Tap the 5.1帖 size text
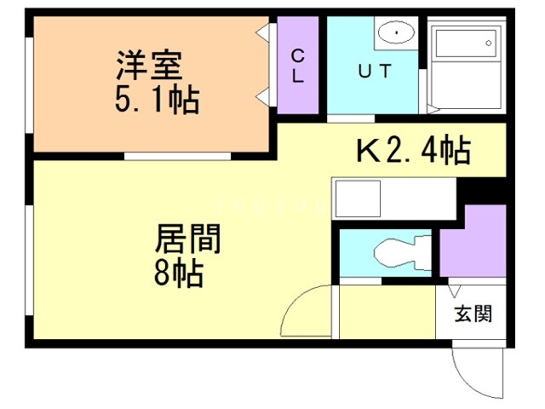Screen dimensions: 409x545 pos(158,101)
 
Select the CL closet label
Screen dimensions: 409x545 pos(299,65)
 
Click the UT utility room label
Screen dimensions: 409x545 pos(374,72)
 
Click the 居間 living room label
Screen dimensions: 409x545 pos(188,239)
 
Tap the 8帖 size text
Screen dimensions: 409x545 pos(178,274)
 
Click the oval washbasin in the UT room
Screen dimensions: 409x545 pos(393,33)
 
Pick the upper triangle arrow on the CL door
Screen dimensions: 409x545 pos(265,33)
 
